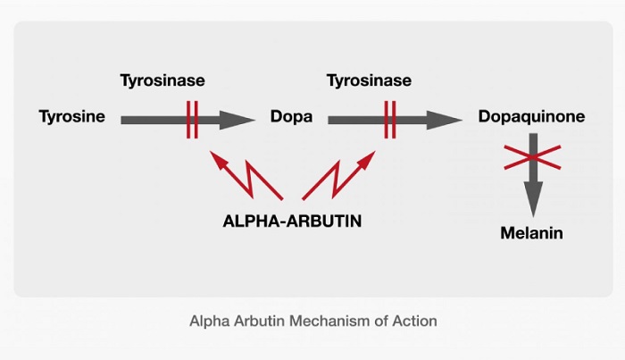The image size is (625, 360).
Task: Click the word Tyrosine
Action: coord(72,117)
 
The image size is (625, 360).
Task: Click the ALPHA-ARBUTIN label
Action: coord(292,220)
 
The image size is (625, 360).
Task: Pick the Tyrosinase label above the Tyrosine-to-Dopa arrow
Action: coord(162,80)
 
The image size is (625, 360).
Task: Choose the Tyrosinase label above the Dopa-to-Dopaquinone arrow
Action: coord(369,80)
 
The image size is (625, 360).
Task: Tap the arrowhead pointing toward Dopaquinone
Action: coord(444,119)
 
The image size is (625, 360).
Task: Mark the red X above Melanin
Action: coord(533,156)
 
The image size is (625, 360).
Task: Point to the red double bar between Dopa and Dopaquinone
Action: coord(390,119)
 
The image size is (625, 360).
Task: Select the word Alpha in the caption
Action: coord(207,321)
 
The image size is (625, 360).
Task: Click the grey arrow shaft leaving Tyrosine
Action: coord(152,119)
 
